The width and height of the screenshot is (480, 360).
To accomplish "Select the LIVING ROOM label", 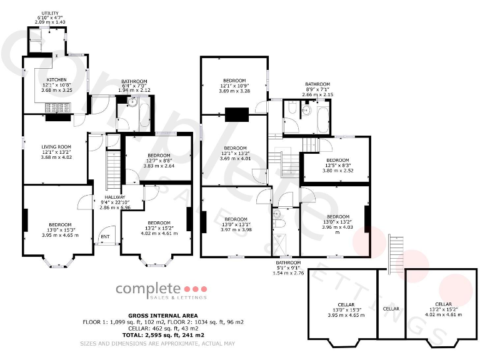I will click(x=52, y=147).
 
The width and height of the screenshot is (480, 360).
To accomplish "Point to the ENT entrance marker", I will click(x=105, y=237).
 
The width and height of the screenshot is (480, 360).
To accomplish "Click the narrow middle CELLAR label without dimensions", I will click(x=391, y=309).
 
